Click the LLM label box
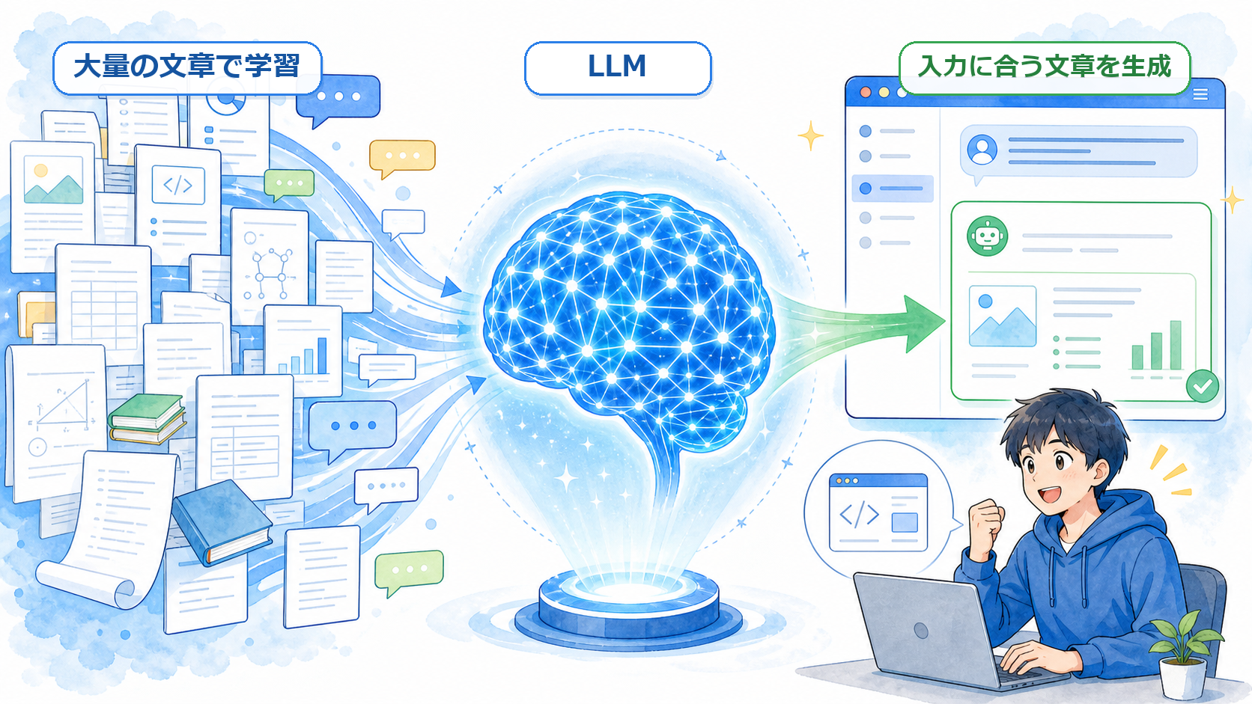click(x=618, y=67)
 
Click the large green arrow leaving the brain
click(x=861, y=324)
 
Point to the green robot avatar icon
click(x=987, y=236)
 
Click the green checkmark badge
click(x=1203, y=386)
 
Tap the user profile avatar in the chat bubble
click(x=982, y=150)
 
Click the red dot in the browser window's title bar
click(x=865, y=92)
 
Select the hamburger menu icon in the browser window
click(x=1200, y=94)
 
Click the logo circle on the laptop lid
click(x=920, y=631)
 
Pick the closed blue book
click(x=222, y=522)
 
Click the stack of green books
click(x=147, y=419)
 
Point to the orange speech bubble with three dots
click(x=402, y=158)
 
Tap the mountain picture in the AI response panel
click(x=1002, y=316)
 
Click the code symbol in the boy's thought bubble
click(x=859, y=514)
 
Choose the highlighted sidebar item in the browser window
click(x=893, y=188)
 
